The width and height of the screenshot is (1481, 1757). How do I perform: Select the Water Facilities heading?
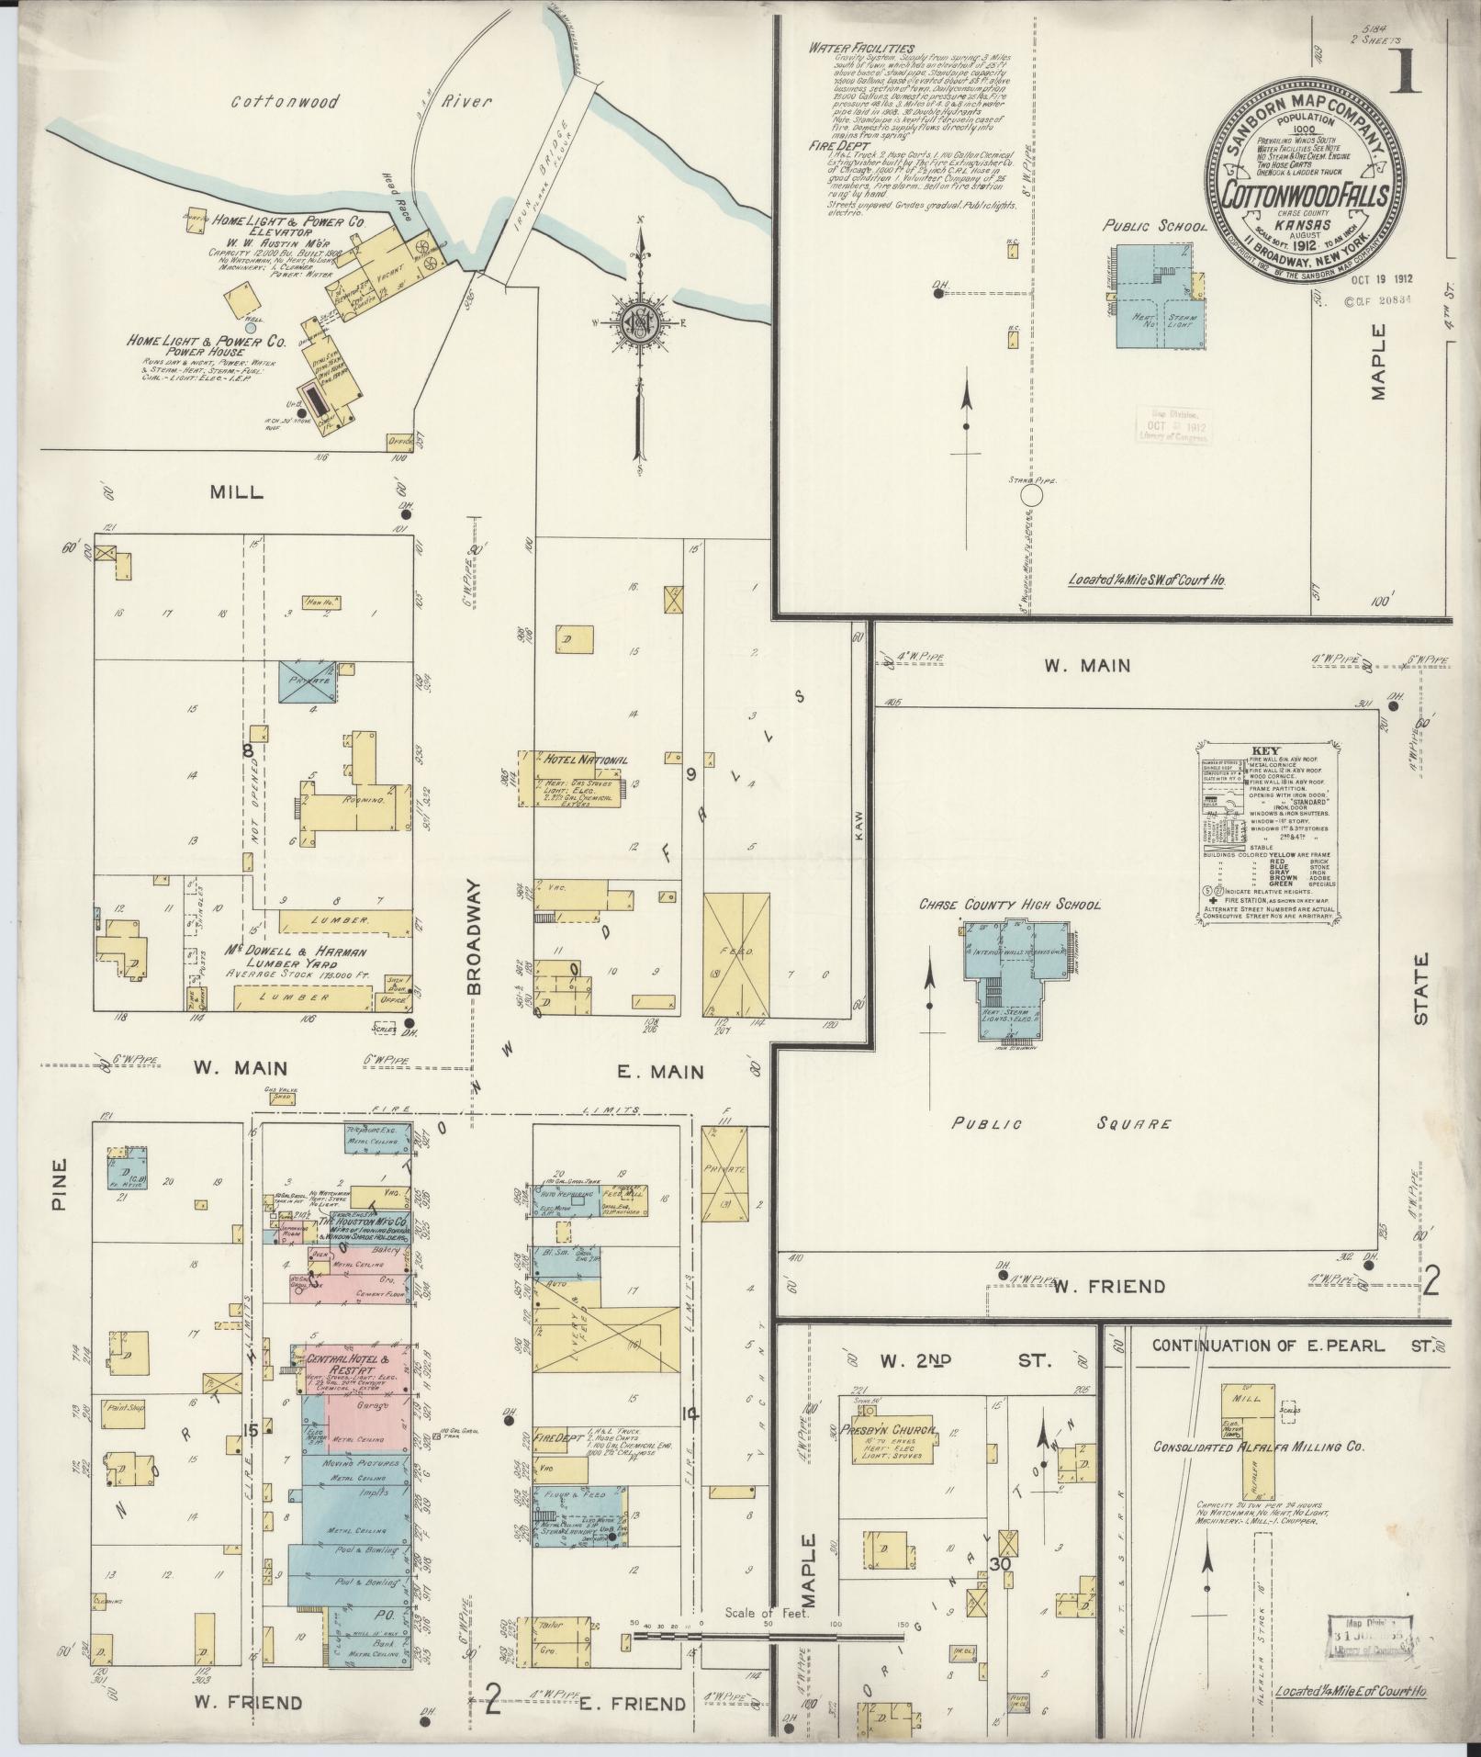point(861,48)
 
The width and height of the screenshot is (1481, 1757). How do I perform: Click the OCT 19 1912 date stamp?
point(1382,278)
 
